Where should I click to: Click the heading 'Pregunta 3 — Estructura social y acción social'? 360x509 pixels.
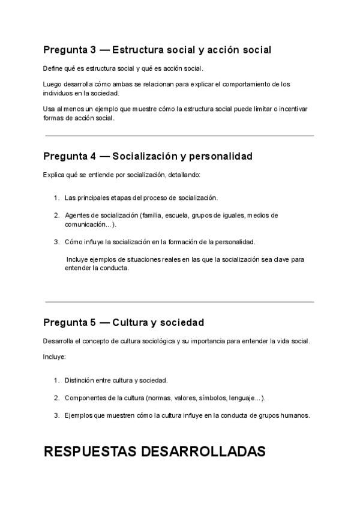tap(157, 50)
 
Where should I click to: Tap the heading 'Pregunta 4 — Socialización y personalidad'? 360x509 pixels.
tap(148, 157)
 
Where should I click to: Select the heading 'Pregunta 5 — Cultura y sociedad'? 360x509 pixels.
tap(124, 323)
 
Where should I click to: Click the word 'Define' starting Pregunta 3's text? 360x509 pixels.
tap(52, 68)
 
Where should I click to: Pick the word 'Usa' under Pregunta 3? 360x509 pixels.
tap(49, 109)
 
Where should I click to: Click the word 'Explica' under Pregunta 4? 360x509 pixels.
tap(53, 175)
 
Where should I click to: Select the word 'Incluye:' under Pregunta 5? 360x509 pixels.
tap(54, 357)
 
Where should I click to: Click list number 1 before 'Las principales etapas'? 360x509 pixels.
tap(56, 197)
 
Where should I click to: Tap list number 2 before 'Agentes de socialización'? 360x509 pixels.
tap(56, 215)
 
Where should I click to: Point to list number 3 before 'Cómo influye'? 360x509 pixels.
tap(56, 242)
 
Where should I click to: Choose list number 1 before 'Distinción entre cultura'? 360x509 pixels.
tap(56, 380)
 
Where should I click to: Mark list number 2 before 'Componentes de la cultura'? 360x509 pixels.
tap(56, 397)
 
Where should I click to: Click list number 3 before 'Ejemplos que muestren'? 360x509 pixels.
tap(56, 415)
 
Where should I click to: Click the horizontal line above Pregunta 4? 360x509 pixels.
tap(179, 136)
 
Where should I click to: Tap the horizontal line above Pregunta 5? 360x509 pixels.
tap(179, 302)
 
